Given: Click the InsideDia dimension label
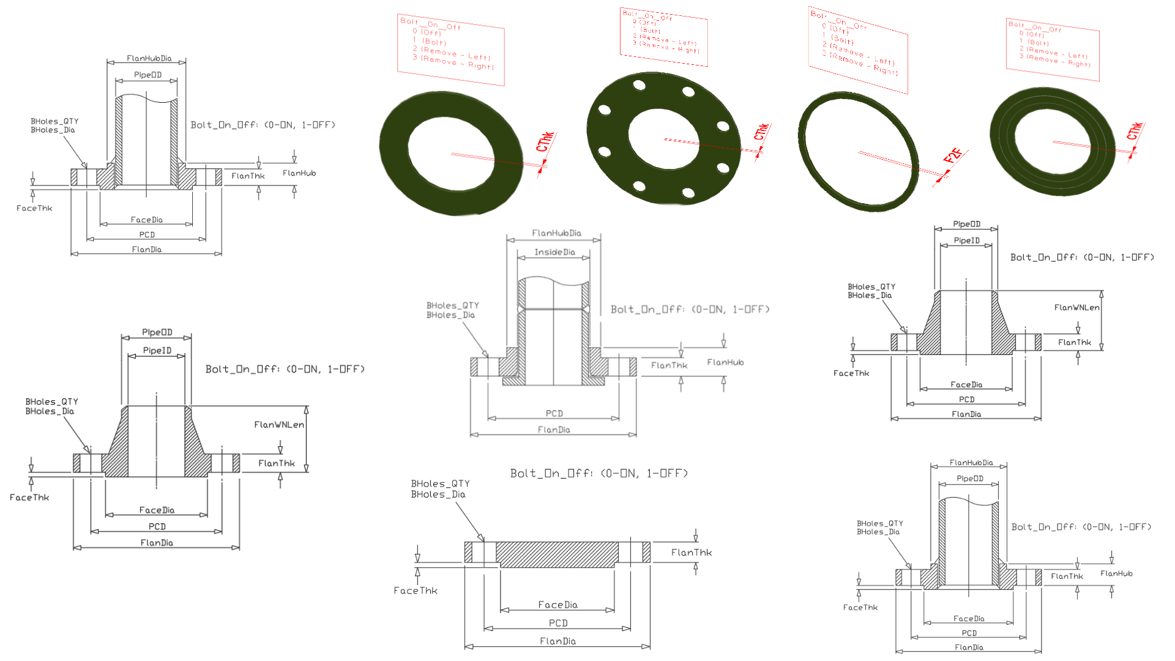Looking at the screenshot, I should pos(554,252).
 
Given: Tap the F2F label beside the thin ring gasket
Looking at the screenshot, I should pos(952,156).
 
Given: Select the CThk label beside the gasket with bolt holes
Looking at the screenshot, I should pos(761,132).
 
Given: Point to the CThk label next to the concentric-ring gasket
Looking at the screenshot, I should pos(1135,131).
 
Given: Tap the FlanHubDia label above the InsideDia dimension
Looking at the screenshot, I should pos(556,233).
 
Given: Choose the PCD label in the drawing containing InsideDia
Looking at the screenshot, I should pos(554,414).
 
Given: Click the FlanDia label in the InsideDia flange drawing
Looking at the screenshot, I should pos(554,430).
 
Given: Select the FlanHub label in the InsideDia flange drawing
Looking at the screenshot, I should pos(725,362).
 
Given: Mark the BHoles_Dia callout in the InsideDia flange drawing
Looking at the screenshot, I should pos(450,315).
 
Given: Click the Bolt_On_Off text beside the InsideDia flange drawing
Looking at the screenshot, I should pos(690,310).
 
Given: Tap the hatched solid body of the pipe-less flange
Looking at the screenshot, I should pos(557,553).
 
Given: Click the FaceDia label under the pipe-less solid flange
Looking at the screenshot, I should pos(558,605).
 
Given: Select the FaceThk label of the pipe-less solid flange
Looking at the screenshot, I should pos(416,591).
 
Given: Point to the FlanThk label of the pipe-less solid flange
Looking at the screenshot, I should pos(692,553).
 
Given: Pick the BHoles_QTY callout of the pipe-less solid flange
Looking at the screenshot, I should pos(440,484).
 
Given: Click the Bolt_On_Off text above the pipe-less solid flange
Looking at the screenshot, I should pos(599,473).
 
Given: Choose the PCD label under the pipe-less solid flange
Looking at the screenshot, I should pos(558,623).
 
